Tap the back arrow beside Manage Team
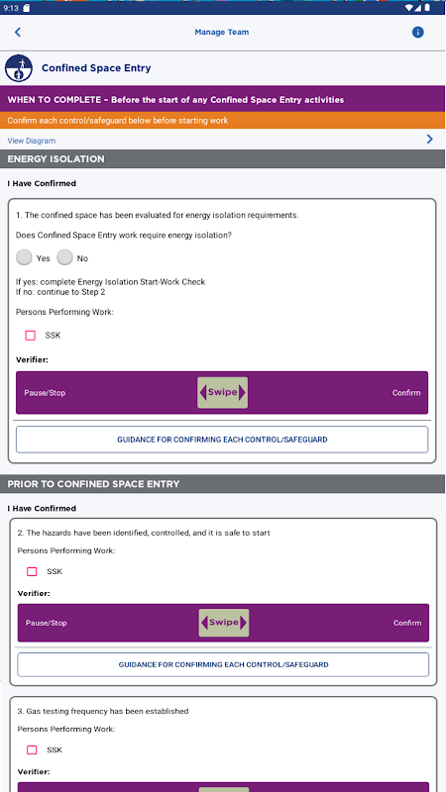click(17, 33)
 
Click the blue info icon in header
click(417, 33)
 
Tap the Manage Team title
click(221, 33)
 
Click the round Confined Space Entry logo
click(19, 68)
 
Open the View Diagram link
click(32, 141)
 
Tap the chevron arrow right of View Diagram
click(430, 139)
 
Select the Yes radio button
click(24, 257)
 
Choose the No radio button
click(64, 257)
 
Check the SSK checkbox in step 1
click(31, 336)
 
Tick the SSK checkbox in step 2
click(32, 572)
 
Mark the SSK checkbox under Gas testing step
click(32, 750)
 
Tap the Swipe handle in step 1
click(222, 392)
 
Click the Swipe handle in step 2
click(224, 623)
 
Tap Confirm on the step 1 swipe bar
click(406, 393)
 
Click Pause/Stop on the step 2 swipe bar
click(46, 623)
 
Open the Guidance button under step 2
click(223, 664)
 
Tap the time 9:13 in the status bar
click(10, 8)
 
